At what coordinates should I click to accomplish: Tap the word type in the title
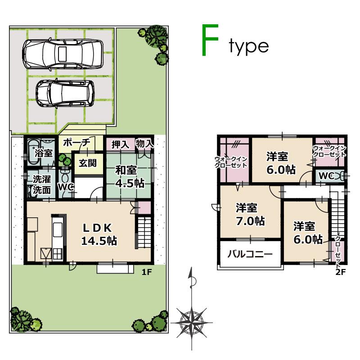(x=248, y=46)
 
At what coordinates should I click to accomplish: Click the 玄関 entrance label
(x=88, y=163)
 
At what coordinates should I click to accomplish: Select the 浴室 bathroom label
(x=44, y=153)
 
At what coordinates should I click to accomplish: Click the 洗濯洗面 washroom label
(x=41, y=184)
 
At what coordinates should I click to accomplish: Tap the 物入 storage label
(x=144, y=144)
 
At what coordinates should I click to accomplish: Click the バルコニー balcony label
(x=250, y=254)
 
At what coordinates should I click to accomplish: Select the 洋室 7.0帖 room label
(x=250, y=215)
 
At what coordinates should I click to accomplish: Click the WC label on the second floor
(x=327, y=176)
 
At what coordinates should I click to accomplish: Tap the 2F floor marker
(x=340, y=271)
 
